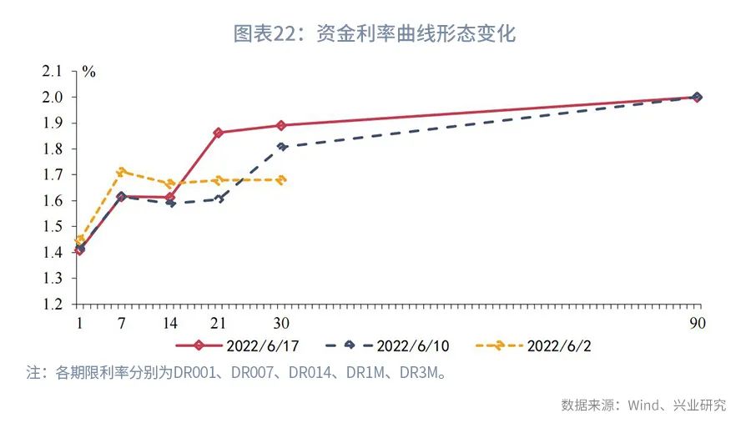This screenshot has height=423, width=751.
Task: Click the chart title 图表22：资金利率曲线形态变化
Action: point(375,33)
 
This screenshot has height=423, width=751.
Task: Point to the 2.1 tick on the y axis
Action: point(53,71)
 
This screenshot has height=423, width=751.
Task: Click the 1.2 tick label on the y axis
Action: point(53,305)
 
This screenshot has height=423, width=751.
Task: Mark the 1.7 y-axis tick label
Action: point(53,174)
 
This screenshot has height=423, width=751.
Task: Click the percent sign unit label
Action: point(88,72)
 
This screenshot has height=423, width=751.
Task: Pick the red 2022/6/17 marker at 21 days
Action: point(219,133)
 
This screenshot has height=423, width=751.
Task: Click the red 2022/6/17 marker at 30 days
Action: point(281,125)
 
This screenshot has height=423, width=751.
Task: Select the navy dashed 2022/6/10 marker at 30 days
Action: point(282,146)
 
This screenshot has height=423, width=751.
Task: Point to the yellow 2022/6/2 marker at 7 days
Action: point(122,171)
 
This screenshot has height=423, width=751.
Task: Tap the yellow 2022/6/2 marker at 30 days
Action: point(282,179)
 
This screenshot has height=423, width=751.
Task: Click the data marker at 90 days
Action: point(697,97)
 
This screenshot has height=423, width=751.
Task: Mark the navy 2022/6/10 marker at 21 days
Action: point(219,198)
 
